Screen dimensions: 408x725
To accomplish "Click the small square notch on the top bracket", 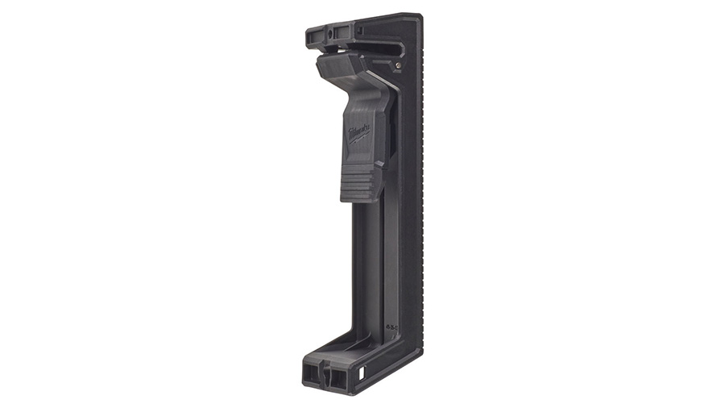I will (358, 31).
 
